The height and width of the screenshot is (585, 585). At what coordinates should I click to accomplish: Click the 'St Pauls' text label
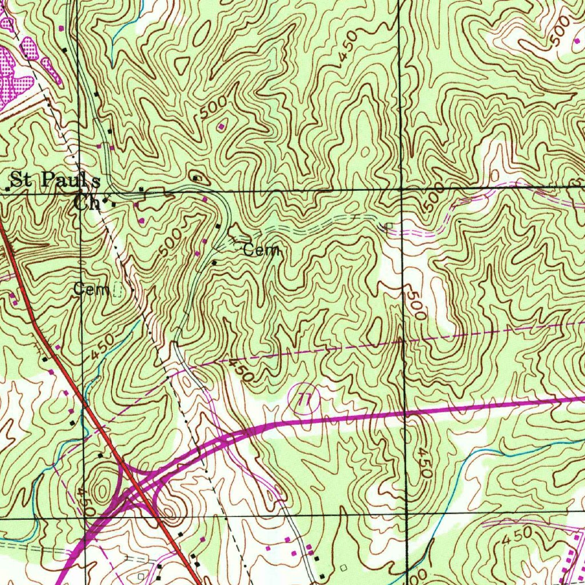click(56, 181)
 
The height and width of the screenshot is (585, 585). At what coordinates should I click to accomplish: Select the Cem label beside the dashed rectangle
click(91, 290)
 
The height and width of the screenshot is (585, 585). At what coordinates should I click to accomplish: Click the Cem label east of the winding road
click(261, 250)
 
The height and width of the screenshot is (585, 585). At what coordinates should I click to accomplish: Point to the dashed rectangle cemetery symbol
click(118, 291)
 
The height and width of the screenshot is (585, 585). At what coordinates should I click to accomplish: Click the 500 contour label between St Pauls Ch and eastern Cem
click(171, 243)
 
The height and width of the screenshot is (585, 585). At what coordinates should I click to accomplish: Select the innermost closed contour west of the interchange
click(102, 490)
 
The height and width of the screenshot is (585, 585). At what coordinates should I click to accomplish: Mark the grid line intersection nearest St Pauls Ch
click(81, 194)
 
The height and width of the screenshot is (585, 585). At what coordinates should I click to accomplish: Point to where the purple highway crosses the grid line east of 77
click(406, 411)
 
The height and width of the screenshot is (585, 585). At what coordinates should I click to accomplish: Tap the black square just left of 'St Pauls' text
click(8, 187)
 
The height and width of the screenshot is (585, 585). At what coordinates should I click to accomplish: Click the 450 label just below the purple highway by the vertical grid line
click(423, 462)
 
